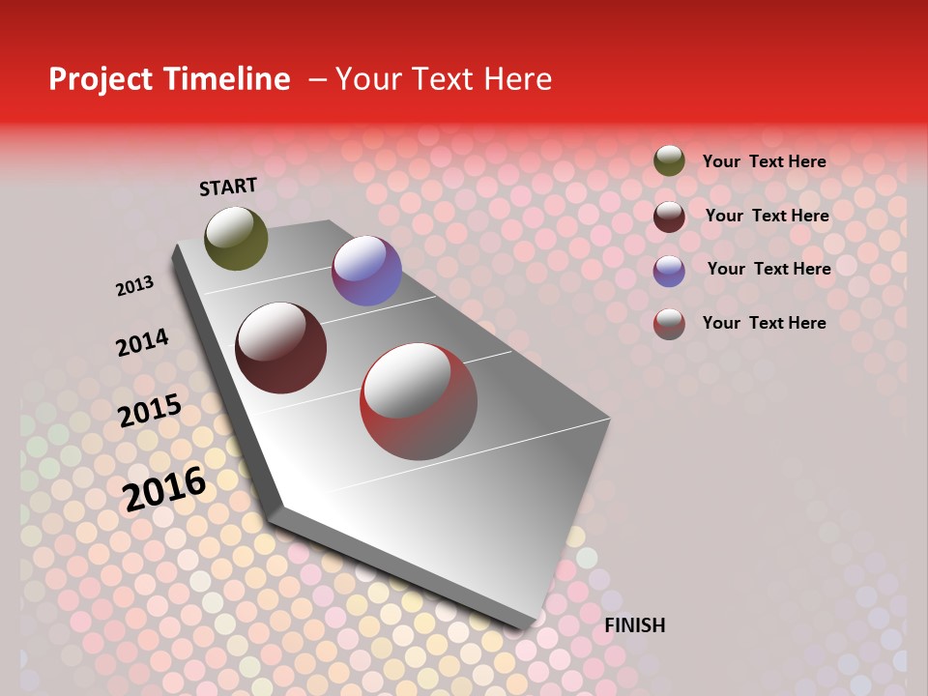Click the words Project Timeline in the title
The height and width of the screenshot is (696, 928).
[169, 79]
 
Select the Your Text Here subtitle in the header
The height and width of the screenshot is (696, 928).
[443, 79]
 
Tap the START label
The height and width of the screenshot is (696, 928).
[228, 187]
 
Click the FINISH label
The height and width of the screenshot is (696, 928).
[634, 625]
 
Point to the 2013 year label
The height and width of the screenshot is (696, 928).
[134, 286]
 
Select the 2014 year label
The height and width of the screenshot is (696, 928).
[142, 342]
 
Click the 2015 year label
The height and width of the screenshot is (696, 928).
[150, 411]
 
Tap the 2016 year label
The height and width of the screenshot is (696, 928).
[164, 488]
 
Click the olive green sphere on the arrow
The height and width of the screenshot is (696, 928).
[236, 238]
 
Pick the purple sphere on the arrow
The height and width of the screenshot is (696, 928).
[366, 271]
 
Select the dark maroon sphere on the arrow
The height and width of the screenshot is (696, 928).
[281, 348]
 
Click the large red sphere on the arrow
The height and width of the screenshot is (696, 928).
[419, 401]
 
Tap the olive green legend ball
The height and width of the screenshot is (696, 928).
[669, 160]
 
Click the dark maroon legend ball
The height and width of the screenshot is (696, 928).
[669, 216]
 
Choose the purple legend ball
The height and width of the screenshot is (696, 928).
[669, 270]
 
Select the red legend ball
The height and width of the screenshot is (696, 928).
[669, 324]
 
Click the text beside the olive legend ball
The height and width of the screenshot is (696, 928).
[764, 161]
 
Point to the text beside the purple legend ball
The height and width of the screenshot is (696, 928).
[768, 269]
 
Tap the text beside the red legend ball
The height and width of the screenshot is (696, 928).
[764, 323]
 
